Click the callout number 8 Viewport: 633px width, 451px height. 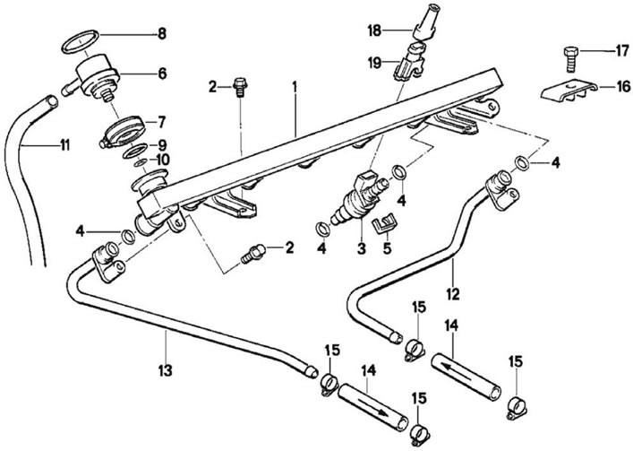(x=162, y=34)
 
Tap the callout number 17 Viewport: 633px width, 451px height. (x=622, y=51)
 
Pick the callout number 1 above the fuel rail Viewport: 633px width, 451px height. (x=295, y=86)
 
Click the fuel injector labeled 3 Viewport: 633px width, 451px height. (x=358, y=197)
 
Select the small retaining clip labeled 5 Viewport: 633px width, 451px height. (x=382, y=223)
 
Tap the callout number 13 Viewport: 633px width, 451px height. (x=166, y=370)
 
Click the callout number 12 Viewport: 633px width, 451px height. (x=453, y=294)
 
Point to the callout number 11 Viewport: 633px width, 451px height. (x=65, y=144)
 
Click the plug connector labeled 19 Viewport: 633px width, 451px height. (x=408, y=63)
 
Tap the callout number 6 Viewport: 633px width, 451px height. (x=162, y=74)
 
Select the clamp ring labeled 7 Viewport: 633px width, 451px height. (x=122, y=130)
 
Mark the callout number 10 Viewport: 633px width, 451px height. (x=163, y=160)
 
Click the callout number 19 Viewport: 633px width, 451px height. (x=374, y=63)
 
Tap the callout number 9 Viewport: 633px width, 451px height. (x=162, y=144)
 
